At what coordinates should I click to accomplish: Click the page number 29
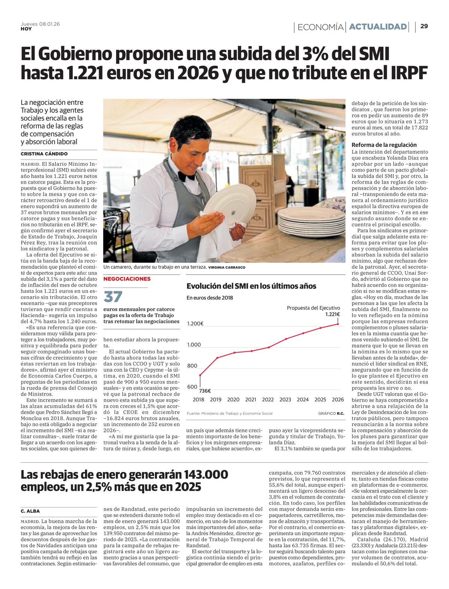coord(424,26)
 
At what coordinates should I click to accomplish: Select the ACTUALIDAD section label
coord(378,27)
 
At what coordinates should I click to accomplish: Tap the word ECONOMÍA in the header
coord(321,27)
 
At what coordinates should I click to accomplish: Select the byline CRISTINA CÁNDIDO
coord(44,154)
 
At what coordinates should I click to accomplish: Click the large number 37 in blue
coord(113,297)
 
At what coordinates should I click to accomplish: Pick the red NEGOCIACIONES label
coord(127,279)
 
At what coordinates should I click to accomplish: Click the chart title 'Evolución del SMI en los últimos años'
coord(251,286)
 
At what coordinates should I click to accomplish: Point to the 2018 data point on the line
coord(200,375)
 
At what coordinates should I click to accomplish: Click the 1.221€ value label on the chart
coord(332,315)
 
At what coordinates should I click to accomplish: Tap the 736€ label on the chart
coord(205,391)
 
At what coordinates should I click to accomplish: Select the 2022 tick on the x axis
coord(268,399)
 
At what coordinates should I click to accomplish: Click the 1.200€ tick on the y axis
coord(195,323)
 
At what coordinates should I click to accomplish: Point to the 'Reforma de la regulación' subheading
coord(384,145)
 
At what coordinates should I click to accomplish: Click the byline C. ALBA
coord(30,511)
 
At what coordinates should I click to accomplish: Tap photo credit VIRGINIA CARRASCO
coord(227,267)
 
